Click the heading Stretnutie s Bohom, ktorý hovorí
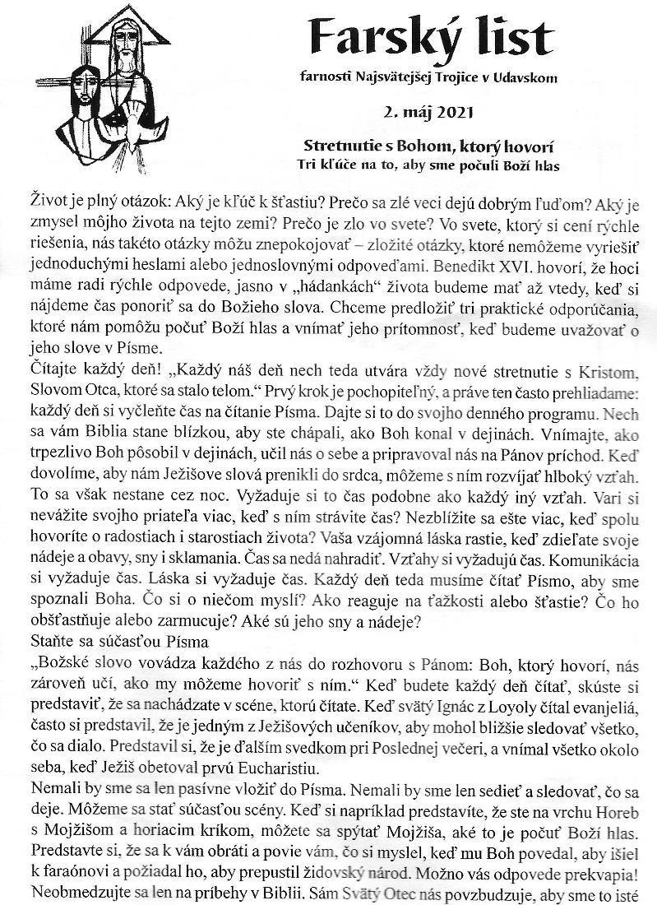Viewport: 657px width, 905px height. point(433,146)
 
